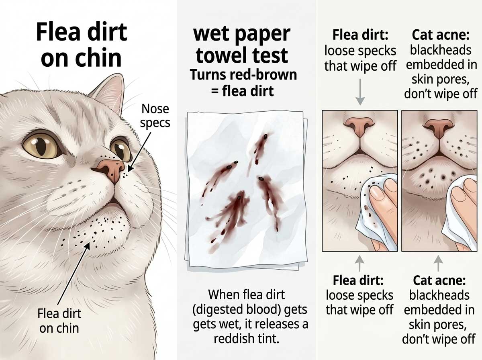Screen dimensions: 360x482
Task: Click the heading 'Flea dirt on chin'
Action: pyautogui.click(x=81, y=45)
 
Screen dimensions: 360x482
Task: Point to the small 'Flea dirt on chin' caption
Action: pyautogui.click(x=59, y=320)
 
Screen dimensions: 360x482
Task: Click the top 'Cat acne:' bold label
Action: pyautogui.click(x=440, y=35)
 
